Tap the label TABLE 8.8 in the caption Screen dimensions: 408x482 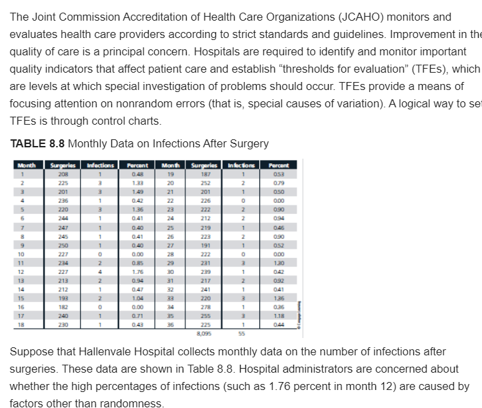(x=37, y=143)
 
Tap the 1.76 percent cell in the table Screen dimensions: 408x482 (x=138, y=271)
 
